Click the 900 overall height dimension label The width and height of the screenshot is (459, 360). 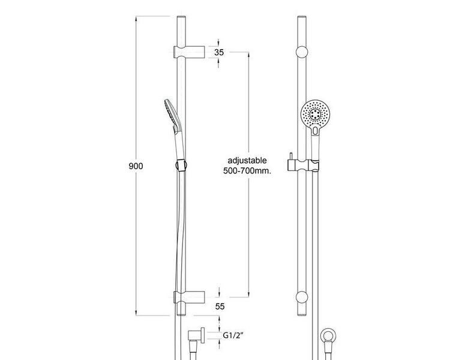pyautogui.click(x=137, y=166)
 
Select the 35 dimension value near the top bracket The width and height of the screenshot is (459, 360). pyautogui.click(x=218, y=52)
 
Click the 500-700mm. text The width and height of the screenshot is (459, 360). pyautogui.click(x=247, y=171)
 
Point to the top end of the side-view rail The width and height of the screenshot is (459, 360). pyautogui.click(x=181, y=20)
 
